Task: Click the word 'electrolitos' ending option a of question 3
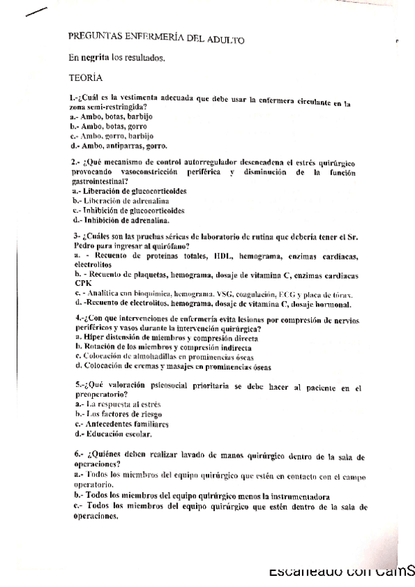click(93, 265)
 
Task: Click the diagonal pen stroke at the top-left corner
click(36, 11)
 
